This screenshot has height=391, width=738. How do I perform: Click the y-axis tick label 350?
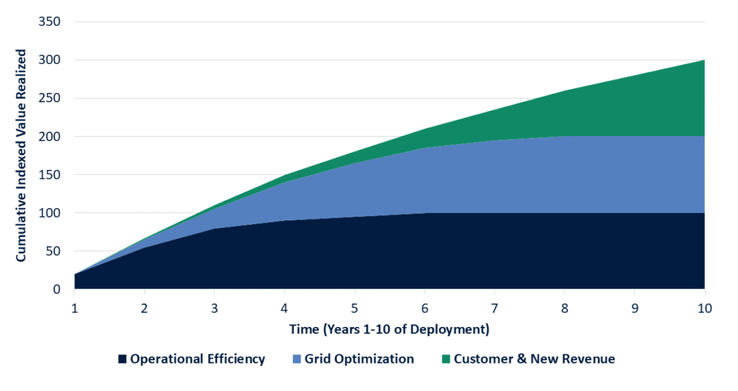(50, 22)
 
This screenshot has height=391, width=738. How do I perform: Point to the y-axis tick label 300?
(50, 60)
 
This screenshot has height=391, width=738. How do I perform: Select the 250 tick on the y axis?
(50, 98)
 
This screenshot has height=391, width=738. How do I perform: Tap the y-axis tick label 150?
(50, 174)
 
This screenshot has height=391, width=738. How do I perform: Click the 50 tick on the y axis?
(53, 251)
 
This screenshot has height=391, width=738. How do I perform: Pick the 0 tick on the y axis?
(57, 289)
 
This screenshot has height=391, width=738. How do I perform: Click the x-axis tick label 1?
(75, 308)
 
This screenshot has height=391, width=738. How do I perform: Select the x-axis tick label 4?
(285, 308)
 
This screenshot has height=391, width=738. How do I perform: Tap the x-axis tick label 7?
(494, 308)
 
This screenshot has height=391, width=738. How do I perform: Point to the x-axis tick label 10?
(704, 308)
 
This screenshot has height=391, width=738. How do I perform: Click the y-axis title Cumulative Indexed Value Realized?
(21, 156)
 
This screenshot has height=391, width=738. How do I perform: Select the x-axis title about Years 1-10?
(389, 330)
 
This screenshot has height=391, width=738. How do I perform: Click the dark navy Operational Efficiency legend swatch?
(122, 359)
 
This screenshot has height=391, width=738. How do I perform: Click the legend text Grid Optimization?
(360, 359)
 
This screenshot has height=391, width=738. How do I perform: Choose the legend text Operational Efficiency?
(197, 359)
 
